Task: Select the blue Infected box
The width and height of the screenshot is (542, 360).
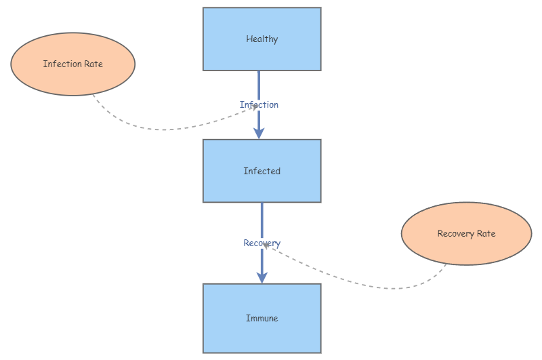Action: [262, 186]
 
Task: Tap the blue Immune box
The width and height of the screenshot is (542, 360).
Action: [262, 336]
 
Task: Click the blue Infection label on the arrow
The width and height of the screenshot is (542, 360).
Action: [259, 104]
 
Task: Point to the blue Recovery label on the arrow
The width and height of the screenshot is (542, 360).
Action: [262, 243]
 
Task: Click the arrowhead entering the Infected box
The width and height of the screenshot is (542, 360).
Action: [259, 133]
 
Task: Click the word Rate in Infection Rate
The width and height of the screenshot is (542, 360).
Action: [92, 64]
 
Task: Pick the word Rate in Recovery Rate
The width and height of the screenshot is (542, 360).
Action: [485, 234]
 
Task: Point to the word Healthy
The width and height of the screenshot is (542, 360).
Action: [262, 39]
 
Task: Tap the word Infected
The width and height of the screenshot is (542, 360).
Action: [262, 172]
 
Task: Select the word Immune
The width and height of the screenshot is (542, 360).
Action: [262, 318]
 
